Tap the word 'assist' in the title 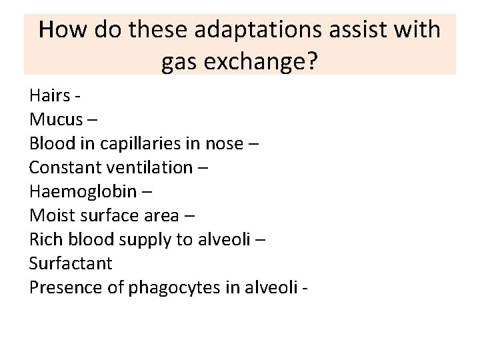(x=355, y=30)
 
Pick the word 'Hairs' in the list (x=49, y=96)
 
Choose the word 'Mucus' (x=56, y=120)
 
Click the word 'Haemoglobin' (x=83, y=191)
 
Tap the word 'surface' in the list (x=103, y=215)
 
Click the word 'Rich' (x=45, y=239)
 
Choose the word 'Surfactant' (x=71, y=263)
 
